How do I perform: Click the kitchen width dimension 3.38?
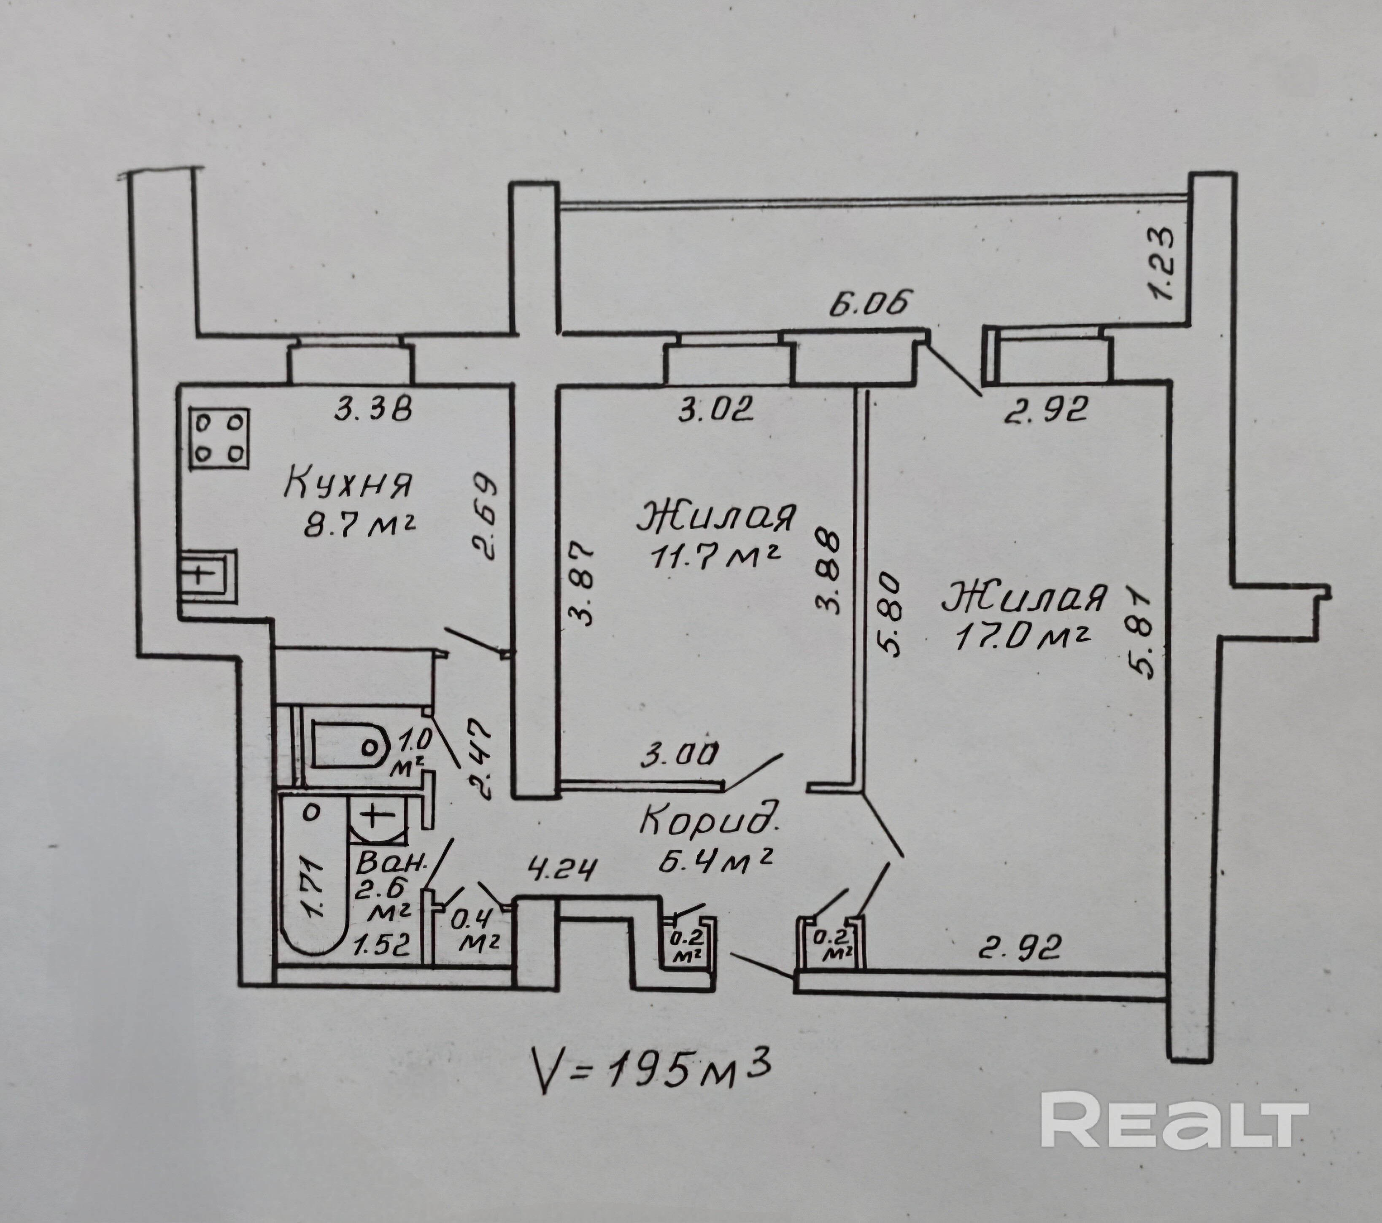point(374,409)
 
